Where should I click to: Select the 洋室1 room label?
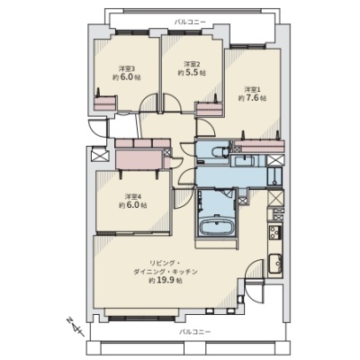click(x=252, y=89)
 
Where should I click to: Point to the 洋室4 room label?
click(x=132, y=197)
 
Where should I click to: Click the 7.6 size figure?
click(x=252, y=98)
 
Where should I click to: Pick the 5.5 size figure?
click(x=192, y=73)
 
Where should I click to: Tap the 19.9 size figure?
click(x=166, y=281)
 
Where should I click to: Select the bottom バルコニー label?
click(x=195, y=332)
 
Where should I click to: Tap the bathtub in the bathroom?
click(x=216, y=226)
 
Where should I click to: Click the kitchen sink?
click(x=274, y=264)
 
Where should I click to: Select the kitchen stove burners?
click(x=274, y=232)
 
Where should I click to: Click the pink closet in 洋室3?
click(x=104, y=103)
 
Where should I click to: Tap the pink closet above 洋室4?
click(x=139, y=159)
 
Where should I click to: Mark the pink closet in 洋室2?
click(x=210, y=110)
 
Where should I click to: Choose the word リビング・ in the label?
click(x=165, y=264)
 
